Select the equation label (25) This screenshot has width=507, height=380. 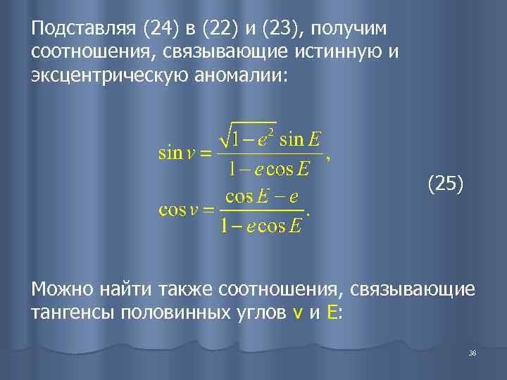click(x=446, y=184)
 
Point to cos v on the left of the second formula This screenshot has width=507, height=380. click(x=177, y=210)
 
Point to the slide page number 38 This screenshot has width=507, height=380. click(x=472, y=353)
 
